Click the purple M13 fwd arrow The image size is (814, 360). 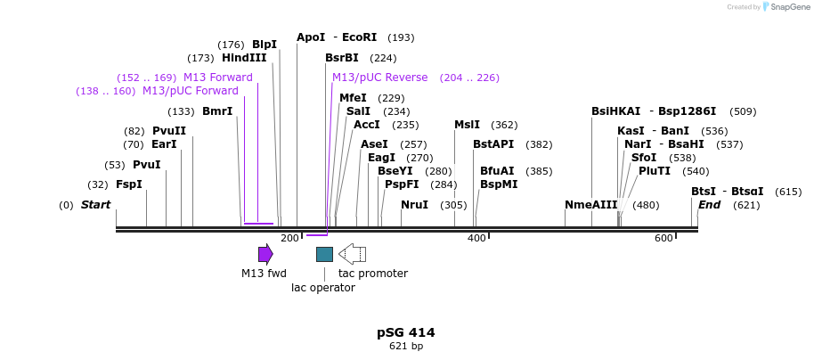pyautogui.click(x=265, y=254)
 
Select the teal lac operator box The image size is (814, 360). pyautogui.click(x=324, y=254)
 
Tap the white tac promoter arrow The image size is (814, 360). pyautogui.click(x=352, y=254)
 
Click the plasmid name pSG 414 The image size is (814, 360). pyautogui.click(x=405, y=332)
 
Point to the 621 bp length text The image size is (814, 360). pyautogui.click(x=405, y=346)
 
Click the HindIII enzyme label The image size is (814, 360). pyautogui.click(x=244, y=58)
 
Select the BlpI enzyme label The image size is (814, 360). pyautogui.click(x=265, y=45)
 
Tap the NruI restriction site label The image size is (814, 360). pyautogui.click(x=414, y=205)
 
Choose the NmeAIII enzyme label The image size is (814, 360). pyautogui.click(x=591, y=205)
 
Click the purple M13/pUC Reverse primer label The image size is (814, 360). pyautogui.click(x=379, y=78)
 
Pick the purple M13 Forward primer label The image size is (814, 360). pyautogui.click(x=218, y=78)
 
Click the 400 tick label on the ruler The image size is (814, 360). pyautogui.click(x=476, y=238)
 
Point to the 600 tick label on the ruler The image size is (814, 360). pyautogui.click(x=663, y=238)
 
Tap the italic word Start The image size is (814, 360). pyautogui.click(x=95, y=205)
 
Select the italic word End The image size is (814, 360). pyautogui.click(x=709, y=205)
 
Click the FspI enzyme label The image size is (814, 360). pyautogui.click(x=129, y=184)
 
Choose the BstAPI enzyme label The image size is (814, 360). pyautogui.click(x=493, y=143)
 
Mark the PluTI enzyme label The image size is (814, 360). pyautogui.click(x=655, y=171)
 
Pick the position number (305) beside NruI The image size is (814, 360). pyautogui.click(x=453, y=205)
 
